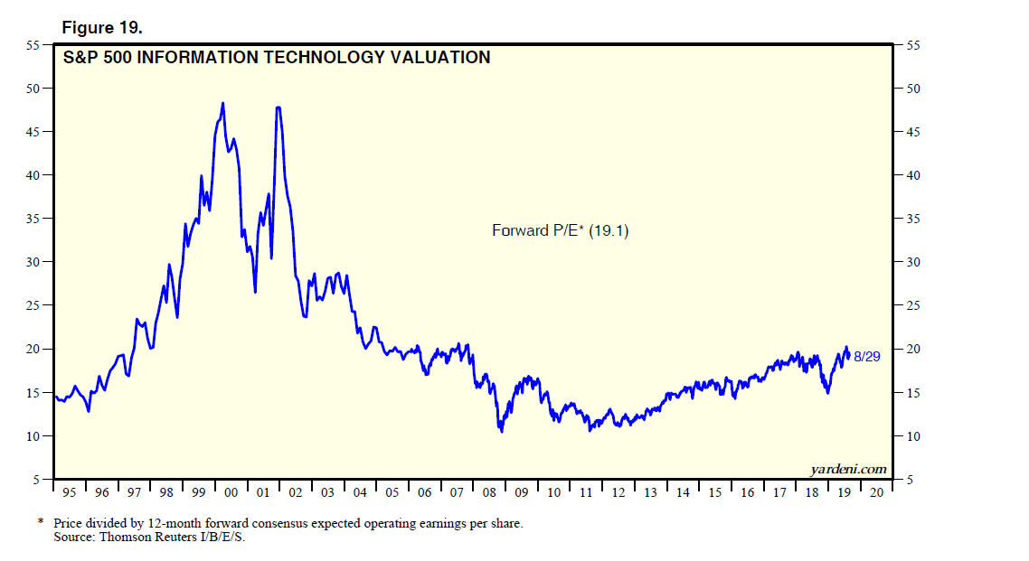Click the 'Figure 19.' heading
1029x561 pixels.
101,27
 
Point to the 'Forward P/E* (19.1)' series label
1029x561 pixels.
560,230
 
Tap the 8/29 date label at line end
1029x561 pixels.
867,357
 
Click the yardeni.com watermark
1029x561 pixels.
847,469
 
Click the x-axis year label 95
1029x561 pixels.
71,493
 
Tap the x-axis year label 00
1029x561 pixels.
231,493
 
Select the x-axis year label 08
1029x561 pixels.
489,493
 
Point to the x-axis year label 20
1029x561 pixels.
876,493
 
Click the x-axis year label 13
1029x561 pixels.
650,493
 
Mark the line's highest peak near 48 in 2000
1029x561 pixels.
222,103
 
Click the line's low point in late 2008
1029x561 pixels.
501,431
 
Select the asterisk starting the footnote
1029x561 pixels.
41,522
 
